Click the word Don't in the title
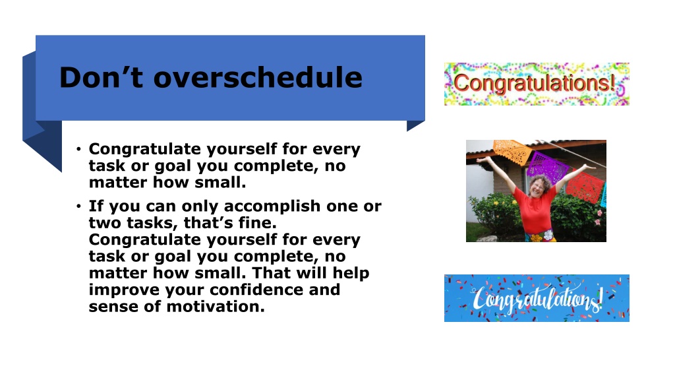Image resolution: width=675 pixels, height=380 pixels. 101,77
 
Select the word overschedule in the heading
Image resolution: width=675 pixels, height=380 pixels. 258,77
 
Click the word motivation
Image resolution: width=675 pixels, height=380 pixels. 216,306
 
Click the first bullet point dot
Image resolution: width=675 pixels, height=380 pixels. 78,150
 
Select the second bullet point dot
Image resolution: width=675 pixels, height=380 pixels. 78,206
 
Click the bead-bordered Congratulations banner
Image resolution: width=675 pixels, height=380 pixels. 537,84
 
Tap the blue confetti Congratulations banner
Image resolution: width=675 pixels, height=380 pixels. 537,298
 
